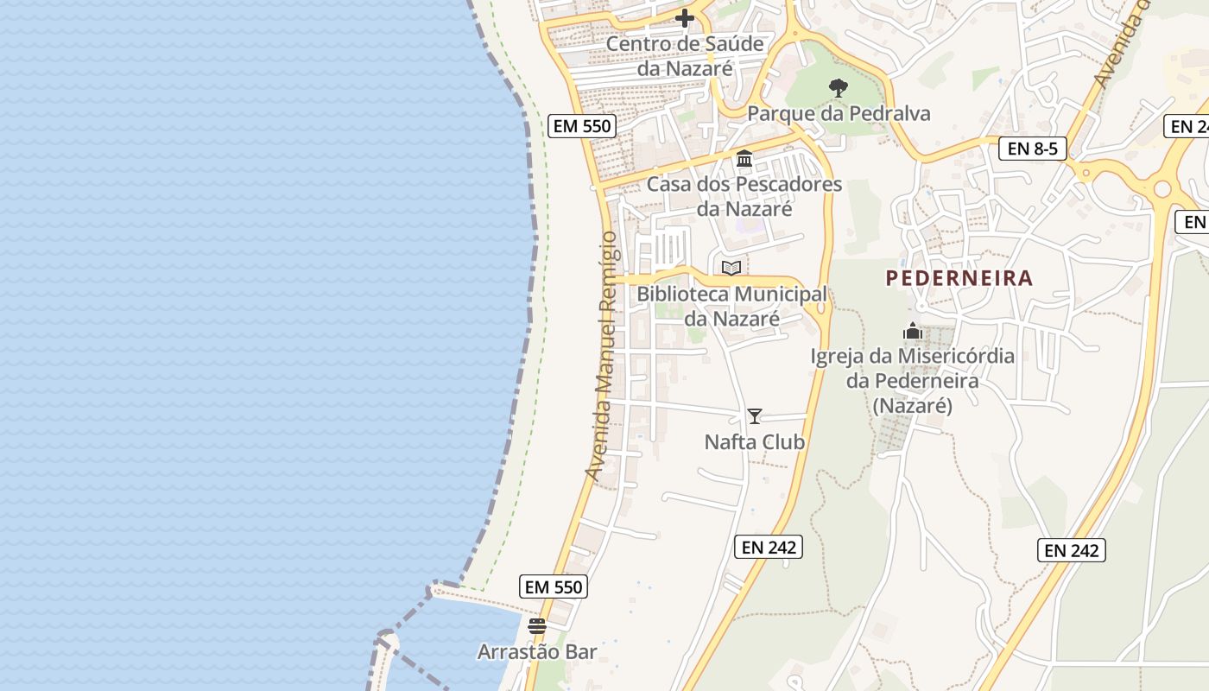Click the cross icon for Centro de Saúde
[x=685, y=18]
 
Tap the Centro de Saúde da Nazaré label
[x=685, y=56]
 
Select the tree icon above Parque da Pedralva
[x=838, y=87]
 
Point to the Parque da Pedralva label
[x=839, y=113]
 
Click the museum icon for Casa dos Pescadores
[x=744, y=159]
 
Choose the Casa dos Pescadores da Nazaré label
[x=744, y=196]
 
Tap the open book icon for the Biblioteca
[x=731, y=268]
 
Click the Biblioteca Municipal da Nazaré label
[x=732, y=306]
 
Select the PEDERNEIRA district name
[x=959, y=278]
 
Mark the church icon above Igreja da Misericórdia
[x=913, y=331]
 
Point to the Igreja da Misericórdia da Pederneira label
[x=913, y=380]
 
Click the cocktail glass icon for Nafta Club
[x=755, y=416]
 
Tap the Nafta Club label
[x=755, y=442]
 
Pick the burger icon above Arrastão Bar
[x=537, y=626]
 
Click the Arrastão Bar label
[x=537, y=652]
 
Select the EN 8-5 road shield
[x=1033, y=149]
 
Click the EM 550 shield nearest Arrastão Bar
[x=554, y=586]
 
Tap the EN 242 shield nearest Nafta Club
[x=769, y=546]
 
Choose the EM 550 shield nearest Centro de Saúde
[x=582, y=126]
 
